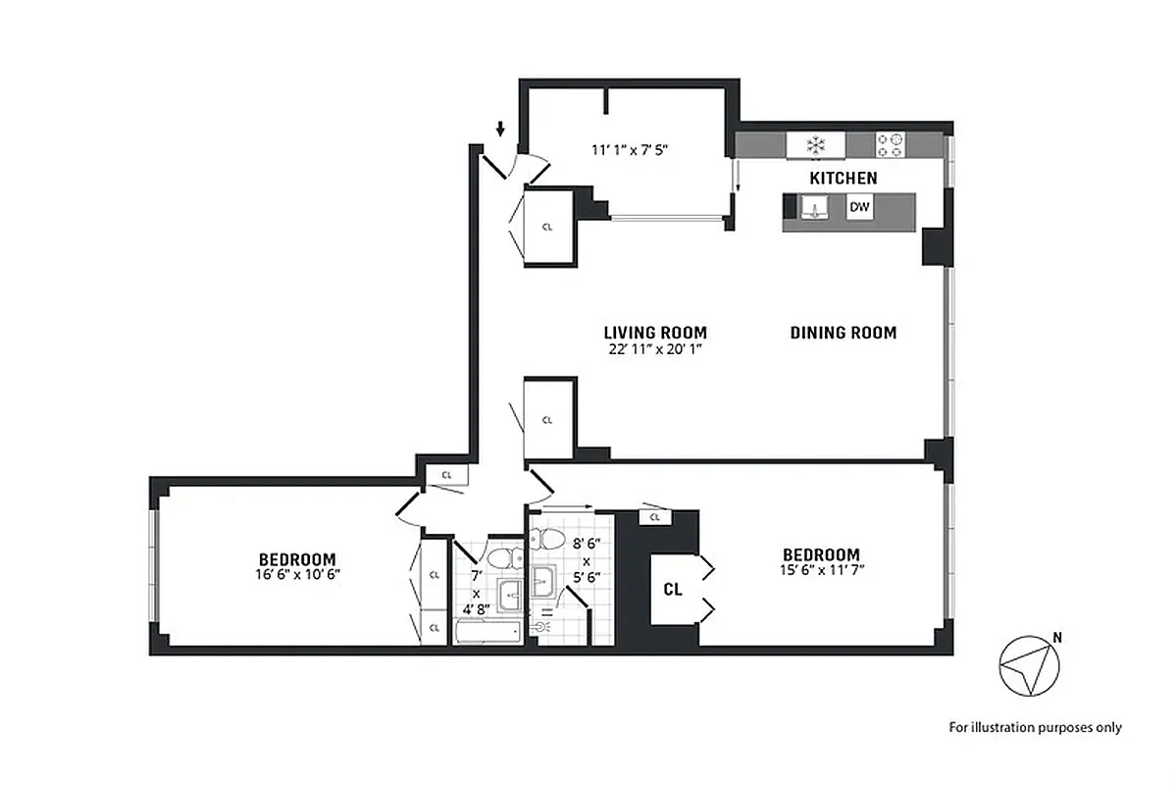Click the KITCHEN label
843,179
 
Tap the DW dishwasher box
860,207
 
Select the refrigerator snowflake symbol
813,145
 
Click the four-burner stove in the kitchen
890,145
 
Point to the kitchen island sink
812,208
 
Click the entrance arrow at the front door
500,129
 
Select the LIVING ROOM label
655,333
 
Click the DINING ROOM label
843,333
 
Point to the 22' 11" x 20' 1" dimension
655,348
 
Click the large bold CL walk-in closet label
673,590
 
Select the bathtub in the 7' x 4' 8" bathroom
488,631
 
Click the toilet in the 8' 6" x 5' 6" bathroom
548,540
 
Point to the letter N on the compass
1055,638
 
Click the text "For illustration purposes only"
1034,727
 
